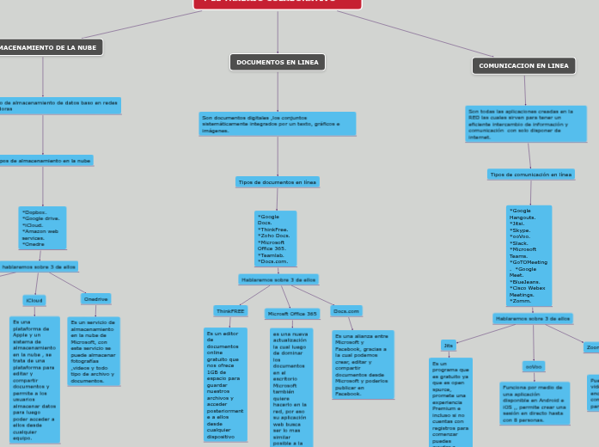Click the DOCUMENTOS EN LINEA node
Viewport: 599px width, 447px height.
(277, 62)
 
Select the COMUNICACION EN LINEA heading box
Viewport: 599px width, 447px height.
(523, 65)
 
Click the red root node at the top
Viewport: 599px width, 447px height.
(277, 3)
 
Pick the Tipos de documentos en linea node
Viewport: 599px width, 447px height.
(277, 182)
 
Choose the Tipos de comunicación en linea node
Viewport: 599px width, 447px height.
(530, 175)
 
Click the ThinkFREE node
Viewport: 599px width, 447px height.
(230, 311)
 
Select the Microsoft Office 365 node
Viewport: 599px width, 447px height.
(292, 314)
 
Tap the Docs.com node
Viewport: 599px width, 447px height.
(345, 311)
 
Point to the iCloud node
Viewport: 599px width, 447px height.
(34, 301)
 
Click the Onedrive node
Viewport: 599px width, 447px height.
(95, 299)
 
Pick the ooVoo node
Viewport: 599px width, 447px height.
(533, 366)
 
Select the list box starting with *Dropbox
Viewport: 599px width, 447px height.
(42, 227)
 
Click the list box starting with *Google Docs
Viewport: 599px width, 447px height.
(275, 239)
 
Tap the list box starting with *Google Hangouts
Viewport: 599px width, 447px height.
(529, 255)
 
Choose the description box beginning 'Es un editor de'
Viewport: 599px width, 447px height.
(225, 383)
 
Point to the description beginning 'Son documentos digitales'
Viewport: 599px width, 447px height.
(277, 124)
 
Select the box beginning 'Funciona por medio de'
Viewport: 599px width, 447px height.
(534, 403)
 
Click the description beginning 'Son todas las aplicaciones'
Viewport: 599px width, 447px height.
(526, 124)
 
